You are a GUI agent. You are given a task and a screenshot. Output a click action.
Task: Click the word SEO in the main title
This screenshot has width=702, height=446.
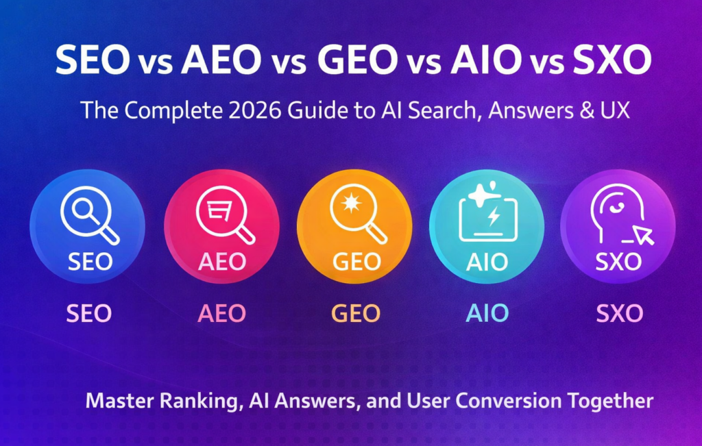(93, 61)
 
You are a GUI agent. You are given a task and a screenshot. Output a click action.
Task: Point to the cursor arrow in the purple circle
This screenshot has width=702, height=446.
(644, 235)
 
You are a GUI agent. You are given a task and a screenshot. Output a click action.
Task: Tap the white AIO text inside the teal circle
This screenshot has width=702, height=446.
(487, 262)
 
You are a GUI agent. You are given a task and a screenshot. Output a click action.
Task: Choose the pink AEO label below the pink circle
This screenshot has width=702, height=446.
(221, 314)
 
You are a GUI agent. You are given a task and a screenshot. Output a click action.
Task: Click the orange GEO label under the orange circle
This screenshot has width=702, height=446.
(355, 314)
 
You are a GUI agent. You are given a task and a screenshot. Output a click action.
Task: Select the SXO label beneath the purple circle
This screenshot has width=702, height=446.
(619, 314)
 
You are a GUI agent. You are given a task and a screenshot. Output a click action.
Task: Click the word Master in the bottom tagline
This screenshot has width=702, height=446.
(115, 401)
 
